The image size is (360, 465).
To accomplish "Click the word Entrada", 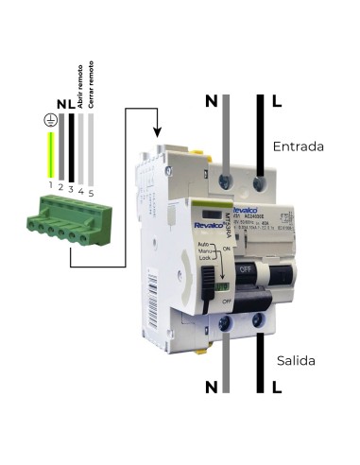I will (x=298, y=147).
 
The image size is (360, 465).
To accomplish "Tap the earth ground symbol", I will (x=49, y=119).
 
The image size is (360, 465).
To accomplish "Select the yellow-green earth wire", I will (x=50, y=156).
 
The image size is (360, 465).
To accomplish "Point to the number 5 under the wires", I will (x=92, y=192).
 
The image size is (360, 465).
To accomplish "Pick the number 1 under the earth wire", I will (x=50, y=192).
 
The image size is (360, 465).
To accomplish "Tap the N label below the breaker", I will (x=211, y=386).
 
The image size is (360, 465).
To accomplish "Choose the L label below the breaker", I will (x=276, y=386).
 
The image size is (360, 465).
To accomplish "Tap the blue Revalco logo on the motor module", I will (x=206, y=225).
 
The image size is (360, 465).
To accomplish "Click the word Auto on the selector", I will (x=203, y=244).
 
